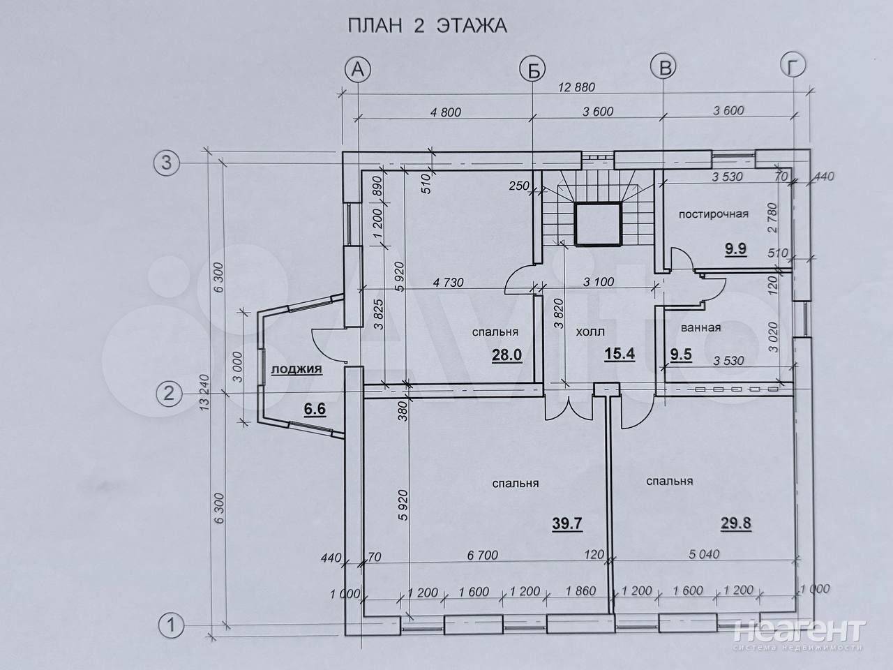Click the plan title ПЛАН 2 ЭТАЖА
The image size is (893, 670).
point(428,26)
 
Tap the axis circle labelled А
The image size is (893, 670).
point(358,70)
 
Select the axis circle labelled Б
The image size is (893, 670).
point(533,70)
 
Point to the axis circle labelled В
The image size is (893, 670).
point(663,68)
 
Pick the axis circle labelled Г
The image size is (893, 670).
point(793,66)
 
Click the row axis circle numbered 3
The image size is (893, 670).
point(167,163)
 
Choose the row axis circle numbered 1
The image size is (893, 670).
point(172,625)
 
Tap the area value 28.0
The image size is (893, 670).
point(506,355)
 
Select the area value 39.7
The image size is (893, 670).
point(567,523)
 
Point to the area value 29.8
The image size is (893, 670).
point(736,523)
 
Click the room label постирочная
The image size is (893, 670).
point(714,214)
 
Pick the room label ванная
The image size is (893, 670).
point(700,327)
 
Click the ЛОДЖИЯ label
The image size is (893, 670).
point(297,369)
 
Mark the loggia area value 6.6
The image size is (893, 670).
point(315,408)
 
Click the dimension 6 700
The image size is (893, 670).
point(483,556)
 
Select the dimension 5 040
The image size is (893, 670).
point(704,554)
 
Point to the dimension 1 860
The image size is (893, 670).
point(580,590)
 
